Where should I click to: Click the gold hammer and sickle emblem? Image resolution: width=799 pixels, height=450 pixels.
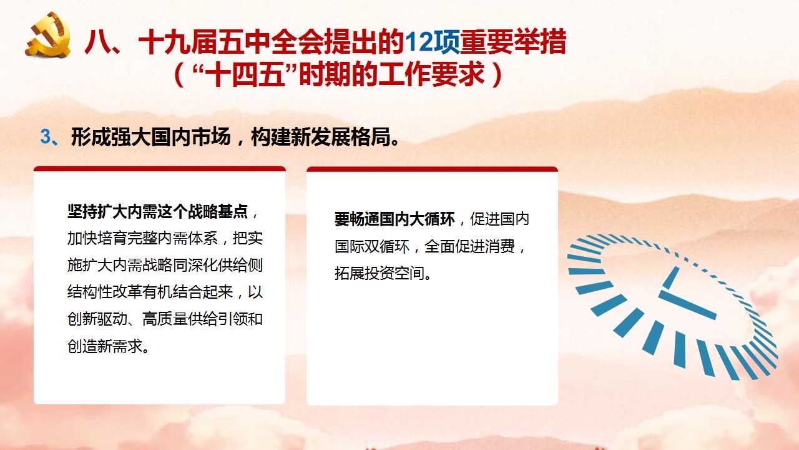(x=47, y=34)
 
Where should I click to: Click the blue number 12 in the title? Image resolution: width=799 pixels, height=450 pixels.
(x=419, y=42)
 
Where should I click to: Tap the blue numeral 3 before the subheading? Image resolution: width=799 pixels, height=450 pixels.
(x=46, y=137)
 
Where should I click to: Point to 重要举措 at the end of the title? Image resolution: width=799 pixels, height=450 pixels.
(x=513, y=42)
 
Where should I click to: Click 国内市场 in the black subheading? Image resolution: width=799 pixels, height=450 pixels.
(x=191, y=137)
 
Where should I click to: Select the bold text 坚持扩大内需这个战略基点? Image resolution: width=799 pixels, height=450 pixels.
(x=157, y=211)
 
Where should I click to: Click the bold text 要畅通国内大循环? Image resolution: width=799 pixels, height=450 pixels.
(x=395, y=219)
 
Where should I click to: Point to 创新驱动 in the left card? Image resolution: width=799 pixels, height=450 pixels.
(x=97, y=319)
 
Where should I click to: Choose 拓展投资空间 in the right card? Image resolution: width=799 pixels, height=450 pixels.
(x=379, y=273)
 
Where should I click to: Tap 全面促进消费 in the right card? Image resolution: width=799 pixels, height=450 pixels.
(x=469, y=246)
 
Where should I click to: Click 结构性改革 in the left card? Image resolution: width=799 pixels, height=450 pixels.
(x=104, y=292)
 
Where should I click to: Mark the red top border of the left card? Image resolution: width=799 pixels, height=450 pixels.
(x=159, y=169)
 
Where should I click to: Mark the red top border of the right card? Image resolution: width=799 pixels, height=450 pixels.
(x=432, y=169)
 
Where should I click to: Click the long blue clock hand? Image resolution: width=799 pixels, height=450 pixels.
(x=687, y=305)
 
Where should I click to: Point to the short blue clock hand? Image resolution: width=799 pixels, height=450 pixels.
(x=671, y=278)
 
